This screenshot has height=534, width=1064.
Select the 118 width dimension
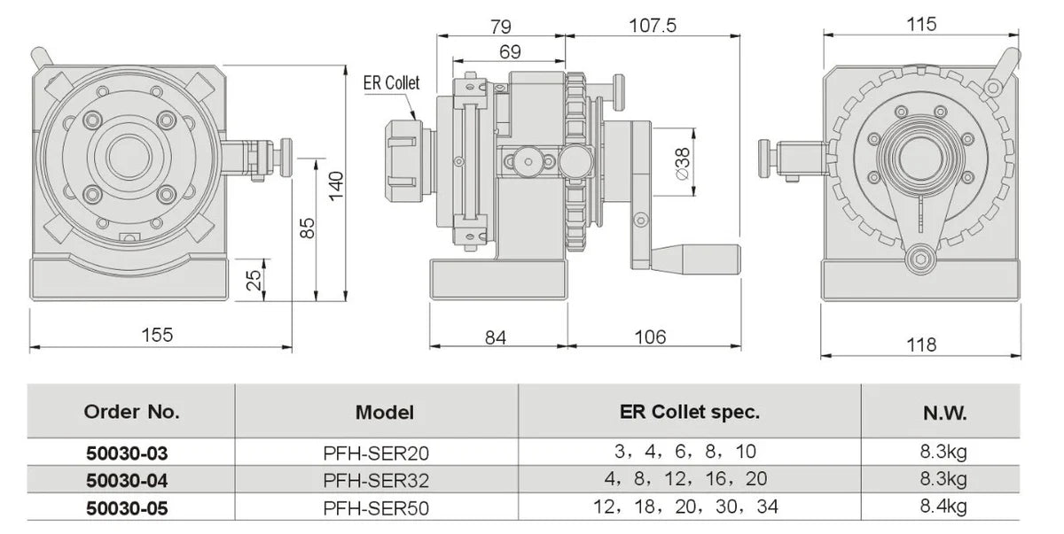click(x=922, y=344)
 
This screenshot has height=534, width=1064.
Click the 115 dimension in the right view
click(x=922, y=24)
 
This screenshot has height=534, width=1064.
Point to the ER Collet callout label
click(x=391, y=82)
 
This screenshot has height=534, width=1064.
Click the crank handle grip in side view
click(x=700, y=259)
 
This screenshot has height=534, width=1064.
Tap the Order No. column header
click(x=131, y=411)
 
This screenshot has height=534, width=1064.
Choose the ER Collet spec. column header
click(x=689, y=411)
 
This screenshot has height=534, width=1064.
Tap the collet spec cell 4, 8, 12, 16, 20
click(x=689, y=479)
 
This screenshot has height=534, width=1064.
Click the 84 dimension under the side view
click(x=497, y=337)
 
